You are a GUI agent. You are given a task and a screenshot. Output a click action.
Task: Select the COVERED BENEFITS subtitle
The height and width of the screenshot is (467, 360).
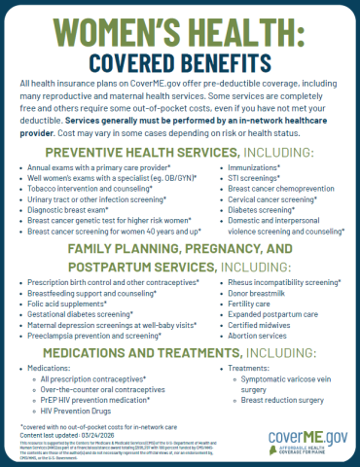tap(180, 62)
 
